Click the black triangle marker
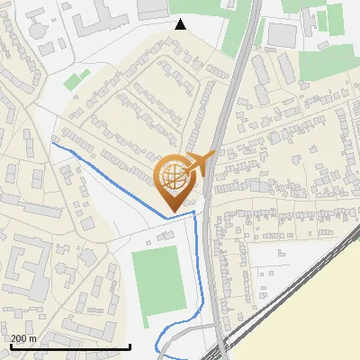coord(181,23)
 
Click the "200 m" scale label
coord(23,338)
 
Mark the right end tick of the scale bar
coord(130,346)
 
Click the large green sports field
coord(157,281)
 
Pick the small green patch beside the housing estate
coord(76,80)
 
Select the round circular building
coord(40,27)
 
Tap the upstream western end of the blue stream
coord(53,143)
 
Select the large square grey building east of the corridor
coord(282,34)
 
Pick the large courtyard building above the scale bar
coord(27,270)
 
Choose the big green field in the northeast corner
coord(328,63)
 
